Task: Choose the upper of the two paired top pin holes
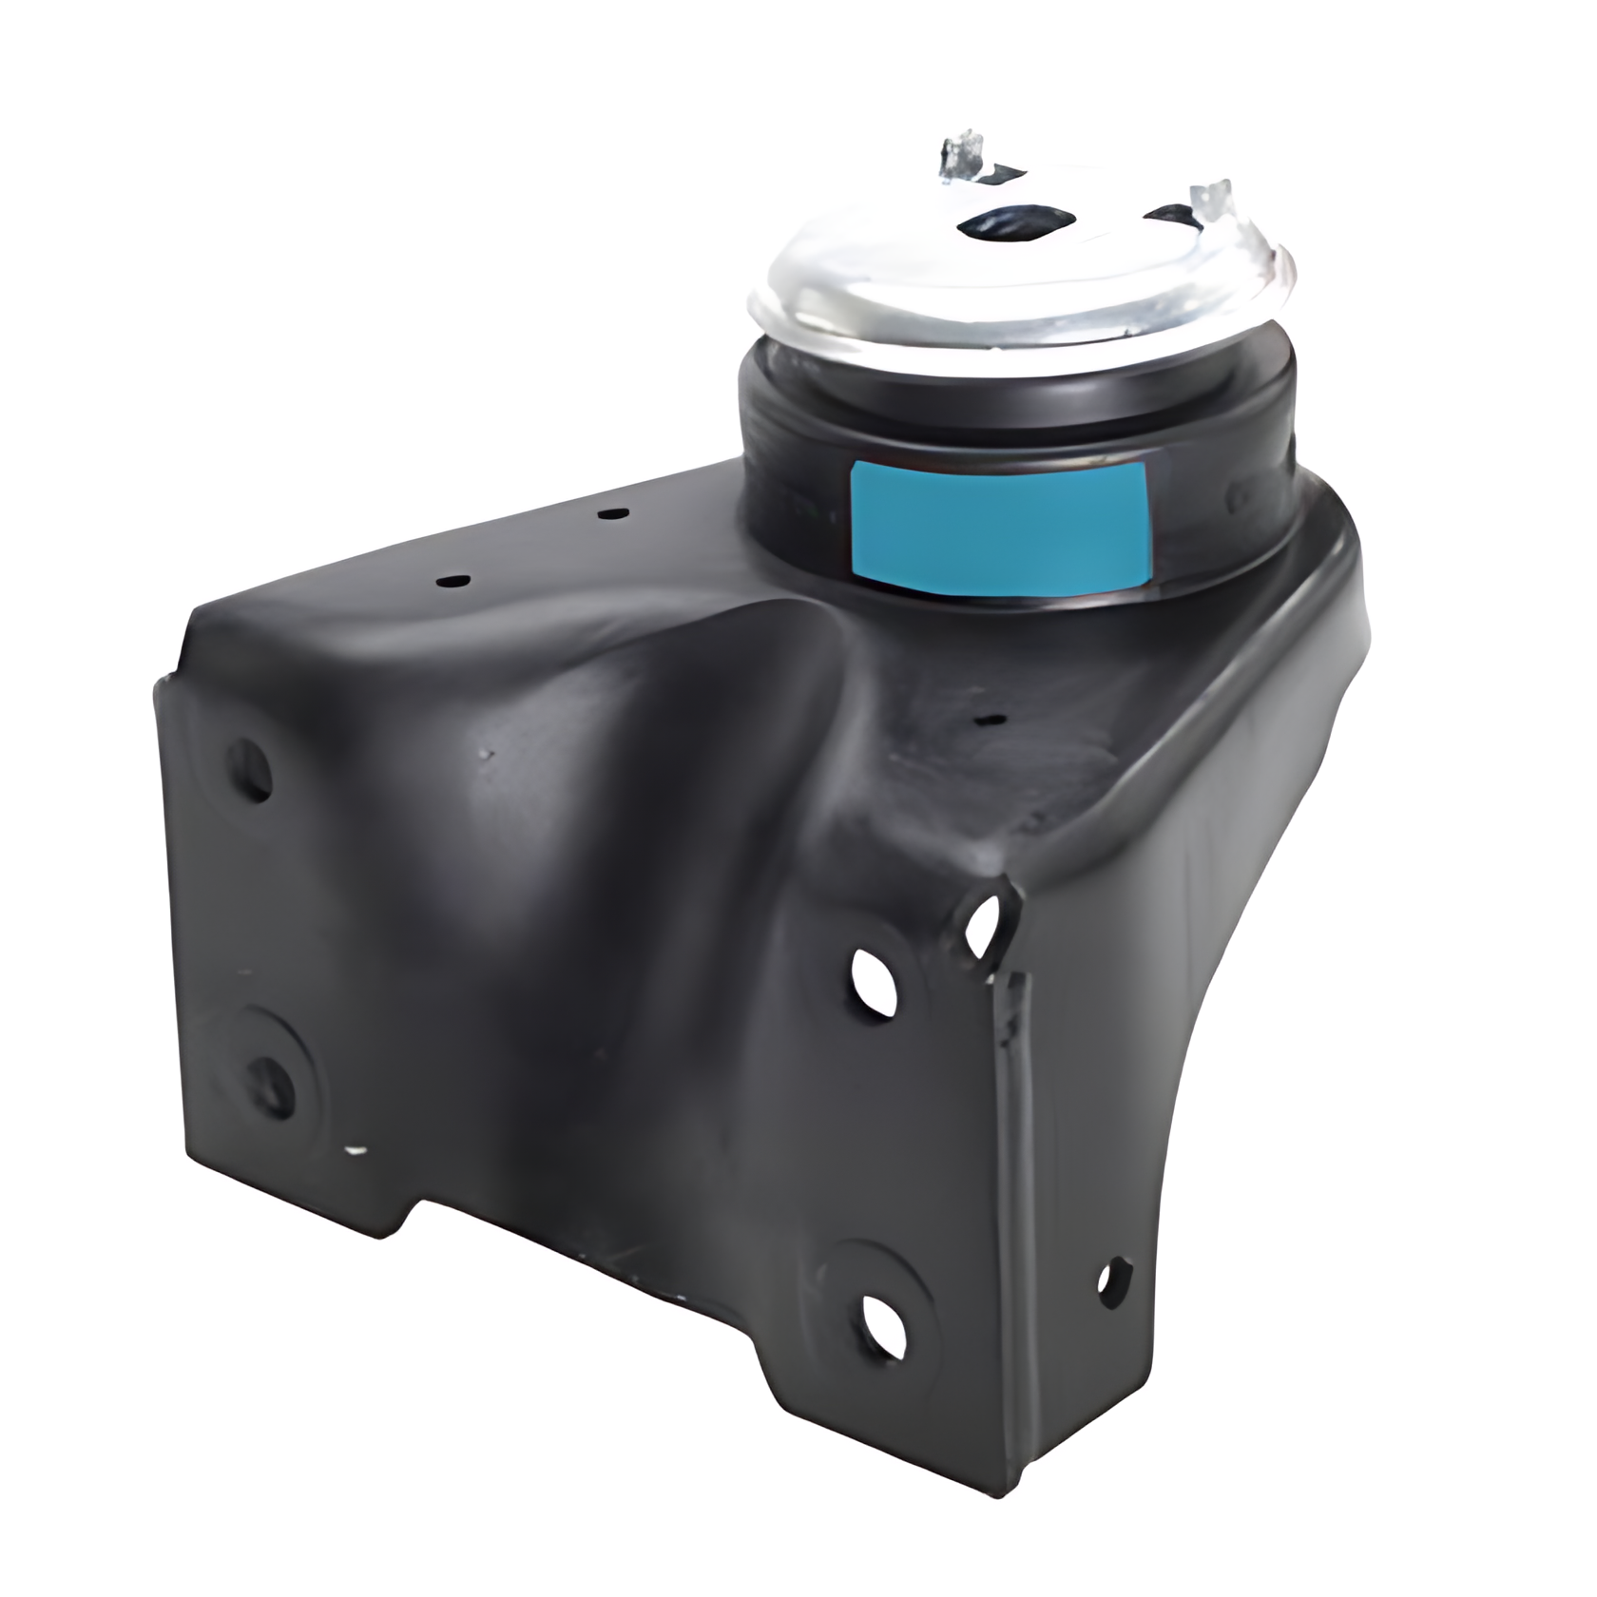click(613, 514)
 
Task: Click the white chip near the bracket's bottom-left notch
click(356, 1150)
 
